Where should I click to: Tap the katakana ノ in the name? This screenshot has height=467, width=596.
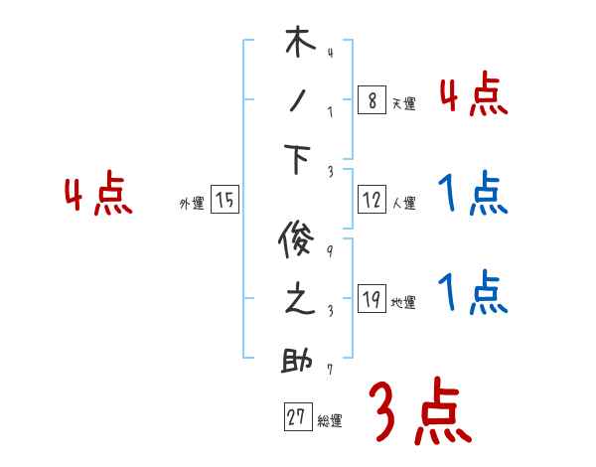(x=298, y=100)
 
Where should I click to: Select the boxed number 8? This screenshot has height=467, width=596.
(x=371, y=100)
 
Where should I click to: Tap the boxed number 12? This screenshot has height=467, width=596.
(x=371, y=200)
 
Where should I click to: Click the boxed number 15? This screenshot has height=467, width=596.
(x=225, y=201)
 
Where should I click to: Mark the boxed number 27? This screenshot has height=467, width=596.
(x=296, y=417)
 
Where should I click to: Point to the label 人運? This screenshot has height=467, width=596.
(x=403, y=204)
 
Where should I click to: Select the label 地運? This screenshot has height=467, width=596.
(x=403, y=303)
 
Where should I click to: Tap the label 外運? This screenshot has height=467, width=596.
(x=191, y=204)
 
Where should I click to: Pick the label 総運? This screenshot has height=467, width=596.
(x=330, y=421)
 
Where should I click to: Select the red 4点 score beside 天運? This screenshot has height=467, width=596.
(x=473, y=95)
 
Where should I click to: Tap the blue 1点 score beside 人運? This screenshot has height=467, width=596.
(x=473, y=194)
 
